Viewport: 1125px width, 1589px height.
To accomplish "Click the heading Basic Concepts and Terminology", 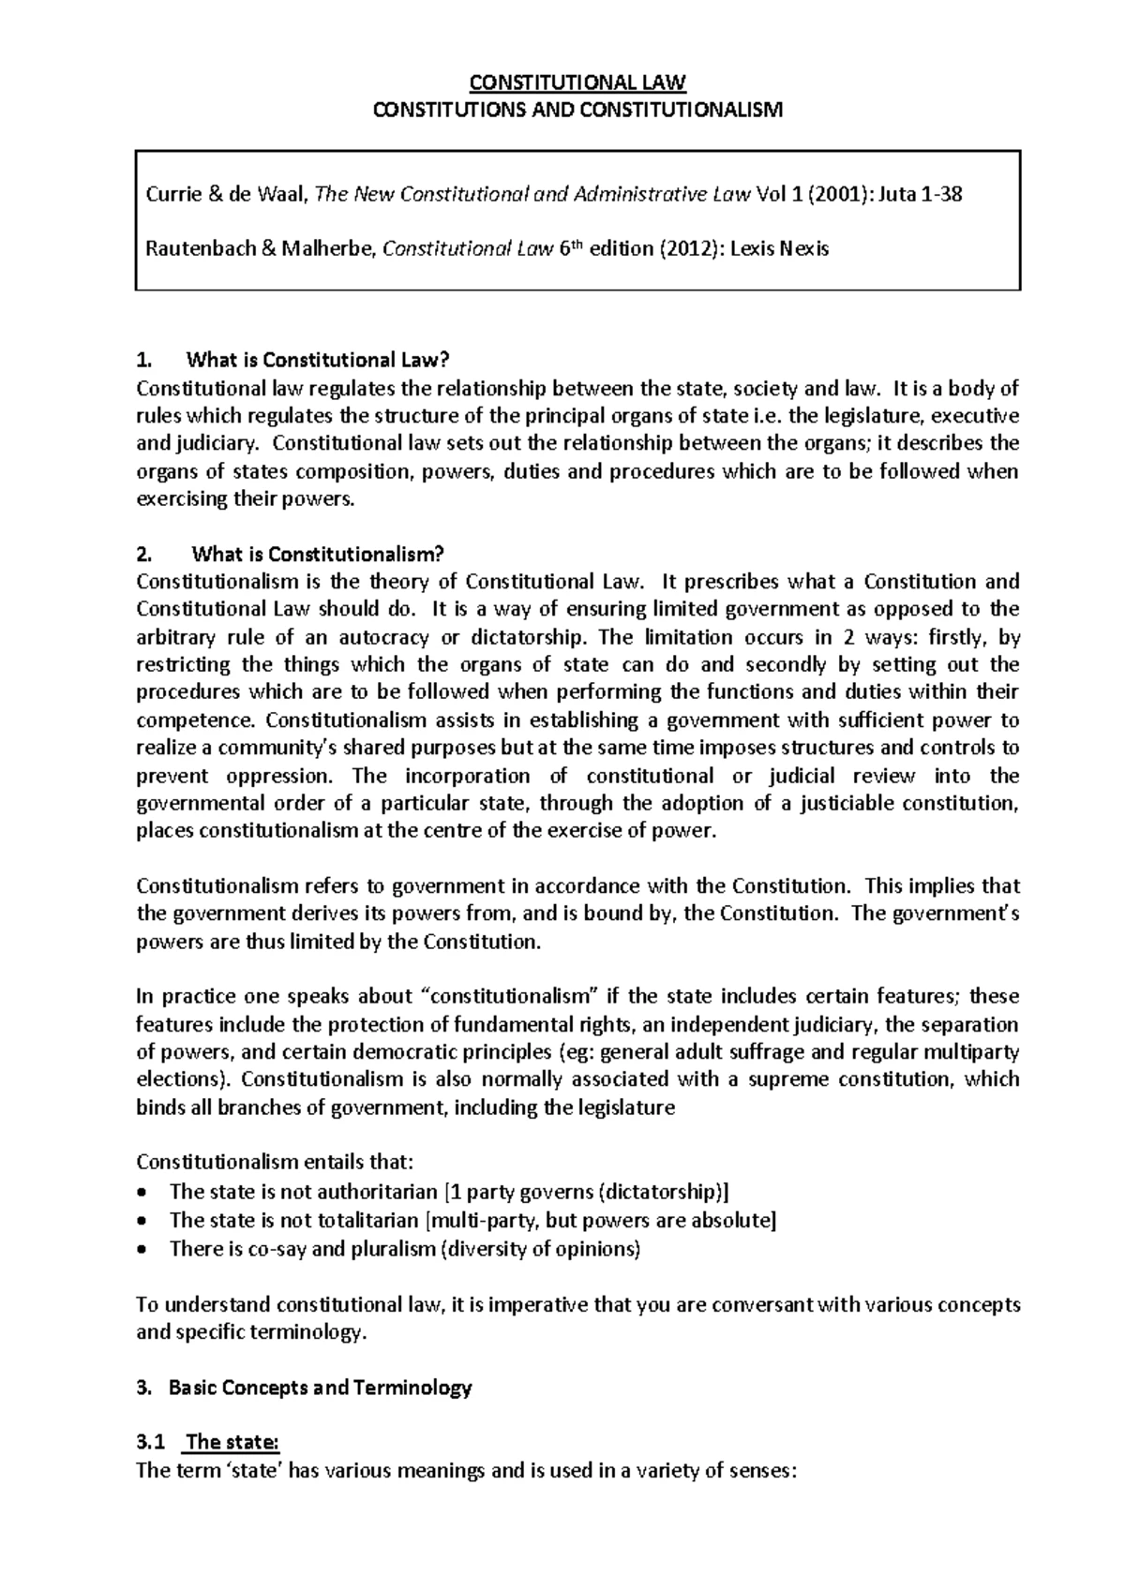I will point(320,1388).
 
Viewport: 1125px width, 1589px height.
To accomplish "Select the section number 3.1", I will point(150,1443).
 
